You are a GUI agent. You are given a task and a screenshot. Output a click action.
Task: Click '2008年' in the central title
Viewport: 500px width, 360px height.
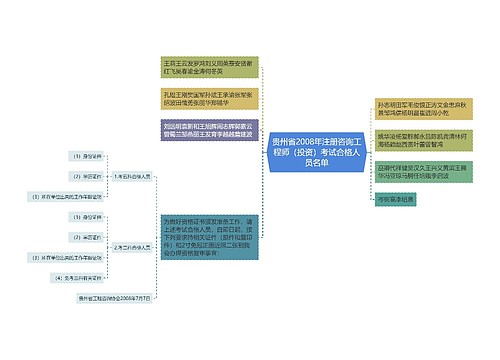[x=300, y=144]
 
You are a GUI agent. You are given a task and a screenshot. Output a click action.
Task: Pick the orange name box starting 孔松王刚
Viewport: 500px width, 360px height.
[x=205, y=96]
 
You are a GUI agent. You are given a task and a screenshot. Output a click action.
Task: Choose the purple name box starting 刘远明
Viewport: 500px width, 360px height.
[x=205, y=130]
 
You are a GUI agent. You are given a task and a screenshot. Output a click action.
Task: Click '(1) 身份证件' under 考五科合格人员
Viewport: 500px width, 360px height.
[x=87, y=156]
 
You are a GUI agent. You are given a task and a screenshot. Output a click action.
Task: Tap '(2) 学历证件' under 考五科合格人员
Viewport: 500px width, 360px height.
[x=87, y=176]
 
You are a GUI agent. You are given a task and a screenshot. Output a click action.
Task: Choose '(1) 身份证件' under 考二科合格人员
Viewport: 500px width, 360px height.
[x=87, y=216]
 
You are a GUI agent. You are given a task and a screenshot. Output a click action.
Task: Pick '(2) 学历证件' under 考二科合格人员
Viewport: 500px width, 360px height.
[x=87, y=236]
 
